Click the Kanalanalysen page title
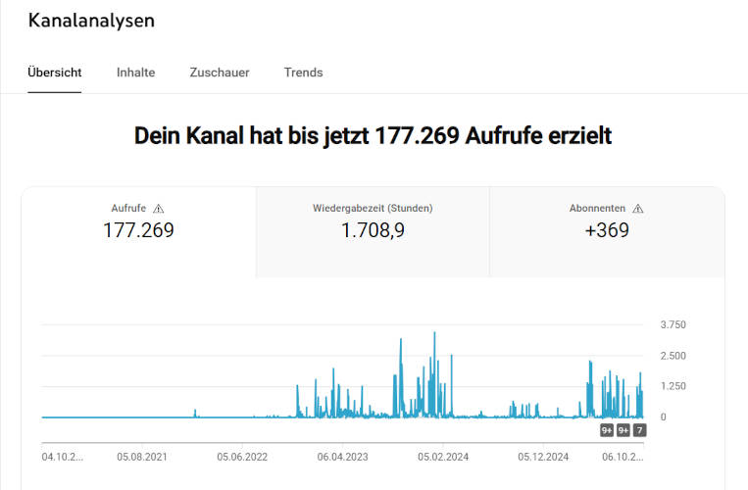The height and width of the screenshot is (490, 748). [x=91, y=21]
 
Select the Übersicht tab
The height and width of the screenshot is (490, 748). [x=55, y=73]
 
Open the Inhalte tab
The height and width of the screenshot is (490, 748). [x=135, y=73]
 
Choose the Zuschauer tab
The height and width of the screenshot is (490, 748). [x=220, y=73]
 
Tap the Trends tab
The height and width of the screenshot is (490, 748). [x=303, y=73]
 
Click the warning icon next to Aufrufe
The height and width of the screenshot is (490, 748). [x=159, y=209]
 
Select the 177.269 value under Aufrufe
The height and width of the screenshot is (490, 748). [x=138, y=231]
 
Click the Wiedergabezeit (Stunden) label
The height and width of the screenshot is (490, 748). [x=373, y=209]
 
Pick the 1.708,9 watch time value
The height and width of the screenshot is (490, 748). [x=373, y=231]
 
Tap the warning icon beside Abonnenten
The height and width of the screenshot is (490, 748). [x=637, y=209]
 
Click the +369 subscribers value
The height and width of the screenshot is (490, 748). [x=607, y=231]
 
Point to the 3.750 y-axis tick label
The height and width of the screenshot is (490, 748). [x=673, y=324]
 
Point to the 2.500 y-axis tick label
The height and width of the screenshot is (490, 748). [x=673, y=356]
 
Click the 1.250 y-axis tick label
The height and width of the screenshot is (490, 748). [x=673, y=386]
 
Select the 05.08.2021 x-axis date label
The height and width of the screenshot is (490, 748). [x=142, y=457]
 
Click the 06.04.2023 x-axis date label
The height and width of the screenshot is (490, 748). [x=343, y=457]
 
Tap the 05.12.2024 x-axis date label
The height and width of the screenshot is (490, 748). [x=544, y=457]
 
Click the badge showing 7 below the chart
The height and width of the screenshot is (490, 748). [x=639, y=430]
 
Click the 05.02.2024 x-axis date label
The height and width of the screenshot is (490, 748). [x=444, y=457]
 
